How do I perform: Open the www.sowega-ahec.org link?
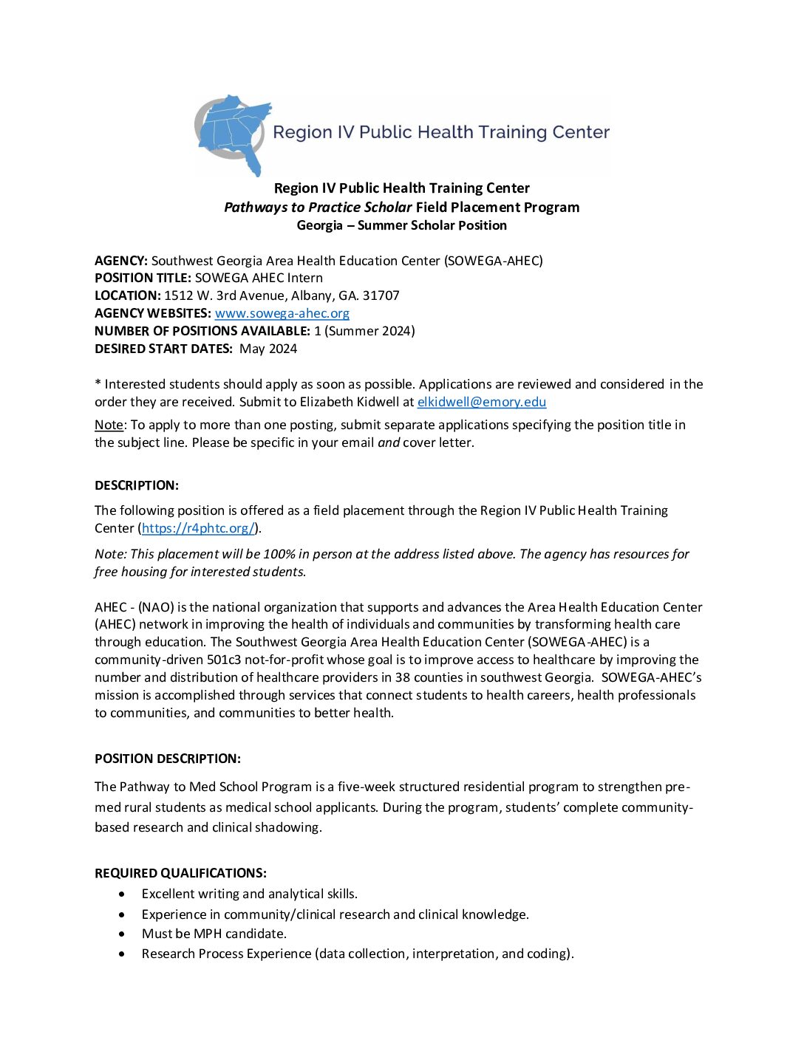[282, 313]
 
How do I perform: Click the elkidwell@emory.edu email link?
[481, 402]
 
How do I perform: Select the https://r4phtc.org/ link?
[198, 528]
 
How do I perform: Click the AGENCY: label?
[121, 261]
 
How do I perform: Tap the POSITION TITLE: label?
[143, 278]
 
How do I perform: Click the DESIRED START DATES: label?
[163, 349]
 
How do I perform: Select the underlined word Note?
[109, 425]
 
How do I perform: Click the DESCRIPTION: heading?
[137, 485]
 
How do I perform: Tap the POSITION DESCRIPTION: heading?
[168, 759]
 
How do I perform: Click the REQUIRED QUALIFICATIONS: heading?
[180, 873]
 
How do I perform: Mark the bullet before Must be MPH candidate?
[122, 934]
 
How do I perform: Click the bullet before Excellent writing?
[122, 894]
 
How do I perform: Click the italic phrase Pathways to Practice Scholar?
[318, 208]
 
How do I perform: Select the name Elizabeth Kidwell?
[349, 402]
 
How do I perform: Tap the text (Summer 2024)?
[369, 331]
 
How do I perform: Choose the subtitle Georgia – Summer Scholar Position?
[401, 225]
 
